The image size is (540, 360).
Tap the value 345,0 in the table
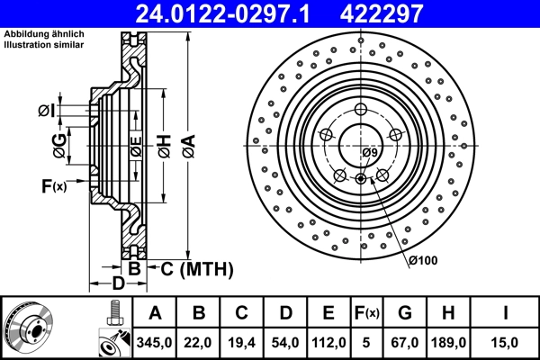pyautogui.click(x=155, y=341)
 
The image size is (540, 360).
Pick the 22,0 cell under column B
pyautogui.click(x=200, y=341)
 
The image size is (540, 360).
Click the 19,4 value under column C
pyautogui.click(x=242, y=341)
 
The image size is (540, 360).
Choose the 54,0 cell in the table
pyautogui.click(x=285, y=341)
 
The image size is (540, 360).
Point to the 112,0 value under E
pyautogui.click(x=329, y=341)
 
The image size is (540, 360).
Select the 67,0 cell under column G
pyautogui.click(x=405, y=341)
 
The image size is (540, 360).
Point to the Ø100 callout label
pyautogui.click(x=422, y=260)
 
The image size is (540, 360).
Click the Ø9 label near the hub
pyautogui.click(x=370, y=153)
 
